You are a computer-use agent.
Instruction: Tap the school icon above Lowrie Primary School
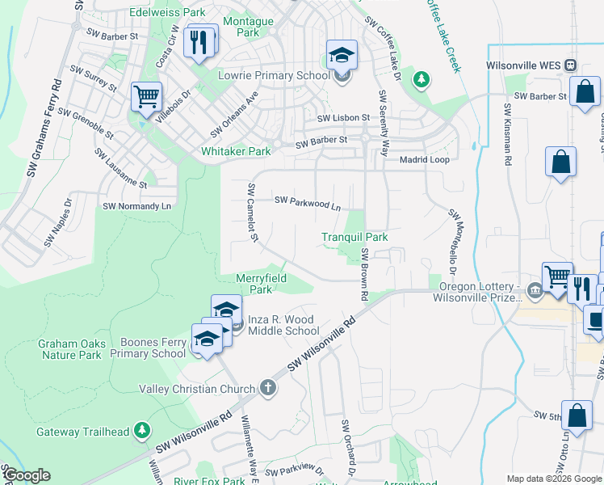[342, 56]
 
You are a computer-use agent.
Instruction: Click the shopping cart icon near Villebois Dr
[146, 97]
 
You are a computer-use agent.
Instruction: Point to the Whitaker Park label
[236, 151]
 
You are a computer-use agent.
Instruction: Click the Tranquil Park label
[354, 238]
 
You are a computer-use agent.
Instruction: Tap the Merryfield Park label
[260, 284]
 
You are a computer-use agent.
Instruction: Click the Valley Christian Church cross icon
[268, 389]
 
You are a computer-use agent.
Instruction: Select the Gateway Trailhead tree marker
[142, 428]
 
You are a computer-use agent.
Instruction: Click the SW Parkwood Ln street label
[308, 202]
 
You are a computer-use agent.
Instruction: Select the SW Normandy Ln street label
[137, 207]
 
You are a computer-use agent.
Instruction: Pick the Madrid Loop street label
[425, 160]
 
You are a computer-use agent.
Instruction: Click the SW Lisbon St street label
[343, 118]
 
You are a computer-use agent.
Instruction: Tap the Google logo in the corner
[27, 475]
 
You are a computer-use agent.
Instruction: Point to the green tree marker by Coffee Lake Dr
[420, 78]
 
